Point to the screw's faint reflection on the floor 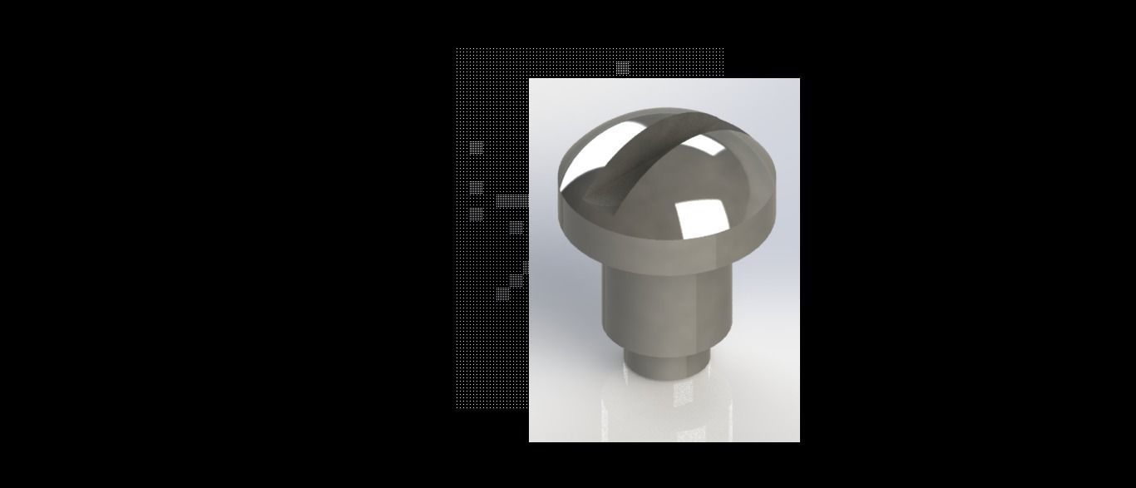pos(665,407)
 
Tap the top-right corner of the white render pos(799,79)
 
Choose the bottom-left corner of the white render pos(530,441)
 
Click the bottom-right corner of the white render pos(799,441)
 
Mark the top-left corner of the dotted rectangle pos(456,48)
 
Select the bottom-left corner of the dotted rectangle pos(456,408)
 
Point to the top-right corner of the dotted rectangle pos(723,48)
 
